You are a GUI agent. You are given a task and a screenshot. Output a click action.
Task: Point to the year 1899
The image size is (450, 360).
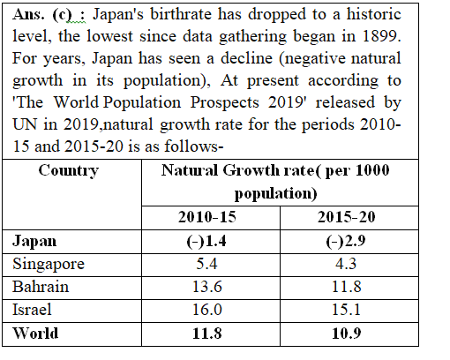tap(381, 36)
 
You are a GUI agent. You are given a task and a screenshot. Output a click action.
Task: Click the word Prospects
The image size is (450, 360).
tap(225, 103)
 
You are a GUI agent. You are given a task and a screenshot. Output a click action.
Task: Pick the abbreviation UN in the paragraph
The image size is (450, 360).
tap(25, 124)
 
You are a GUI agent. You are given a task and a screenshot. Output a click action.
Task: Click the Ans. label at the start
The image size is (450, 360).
tap(28, 14)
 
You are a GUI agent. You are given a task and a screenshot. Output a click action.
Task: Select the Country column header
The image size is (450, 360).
tap(69, 171)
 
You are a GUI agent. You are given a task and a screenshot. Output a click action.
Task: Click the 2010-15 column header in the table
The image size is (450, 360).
tap(207, 217)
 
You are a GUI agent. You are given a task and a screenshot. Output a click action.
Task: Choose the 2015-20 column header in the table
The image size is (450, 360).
tap(346, 217)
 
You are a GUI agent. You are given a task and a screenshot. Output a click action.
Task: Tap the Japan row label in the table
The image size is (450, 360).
tap(34, 242)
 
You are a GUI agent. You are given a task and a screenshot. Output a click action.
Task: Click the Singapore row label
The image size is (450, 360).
tap(49, 264)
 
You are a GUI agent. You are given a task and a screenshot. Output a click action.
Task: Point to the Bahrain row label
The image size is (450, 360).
tap(41, 286)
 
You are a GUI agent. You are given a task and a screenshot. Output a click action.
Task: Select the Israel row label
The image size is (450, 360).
tap(32, 309)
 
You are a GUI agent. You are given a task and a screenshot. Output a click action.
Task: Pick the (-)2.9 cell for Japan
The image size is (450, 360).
tap(346, 242)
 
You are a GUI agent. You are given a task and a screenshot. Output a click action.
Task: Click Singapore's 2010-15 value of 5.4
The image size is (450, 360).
tap(207, 263)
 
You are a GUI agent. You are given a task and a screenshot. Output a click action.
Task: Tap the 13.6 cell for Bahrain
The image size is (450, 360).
tap(207, 286)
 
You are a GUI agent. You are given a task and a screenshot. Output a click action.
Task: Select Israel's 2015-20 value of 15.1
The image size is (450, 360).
tap(346, 309)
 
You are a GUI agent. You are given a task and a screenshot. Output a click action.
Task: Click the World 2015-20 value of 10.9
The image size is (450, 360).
tap(347, 334)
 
